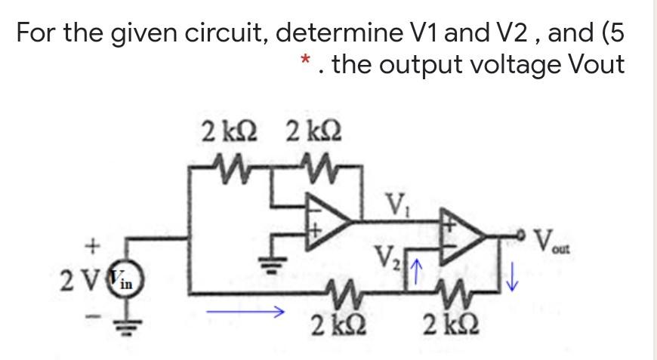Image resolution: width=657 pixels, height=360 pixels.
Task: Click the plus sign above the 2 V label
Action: coord(94,245)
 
